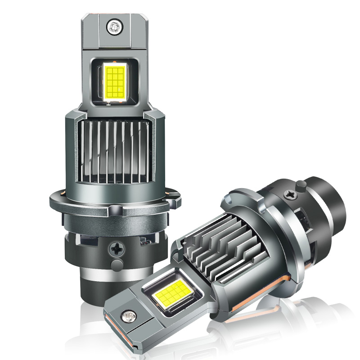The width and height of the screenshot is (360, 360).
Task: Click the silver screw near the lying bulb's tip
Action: pos(131,317)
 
